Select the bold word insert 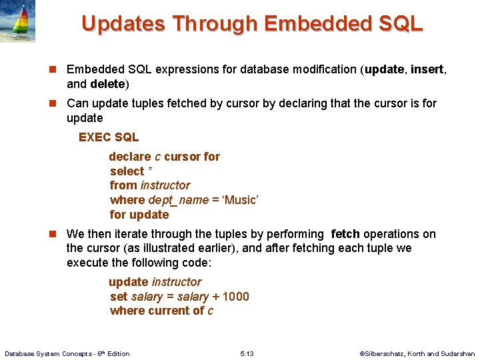tap(427, 69)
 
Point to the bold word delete tap(107, 84)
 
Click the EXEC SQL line tap(109, 137)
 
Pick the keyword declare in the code tap(130, 157)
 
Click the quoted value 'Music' tap(239, 200)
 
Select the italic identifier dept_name tap(179, 200)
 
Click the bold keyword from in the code tap(123, 185)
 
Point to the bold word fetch tap(345, 234)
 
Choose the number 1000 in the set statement tap(235, 297)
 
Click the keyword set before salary tap(119, 297)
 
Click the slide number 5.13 tap(246, 353)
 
